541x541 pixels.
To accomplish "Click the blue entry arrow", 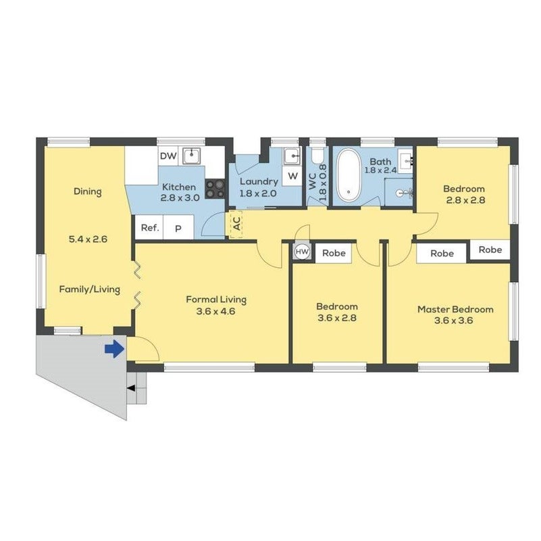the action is [x=115, y=349].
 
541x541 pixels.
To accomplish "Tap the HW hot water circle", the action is [x=302, y=252].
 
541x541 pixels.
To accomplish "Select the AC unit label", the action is [x=237, y=224].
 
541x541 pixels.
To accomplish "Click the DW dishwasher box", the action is [x=168, y=156].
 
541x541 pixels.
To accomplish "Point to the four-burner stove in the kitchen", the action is [x=215, y=189].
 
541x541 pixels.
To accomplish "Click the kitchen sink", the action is [x=192, y=156].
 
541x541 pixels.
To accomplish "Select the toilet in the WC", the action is [x=317, y=156].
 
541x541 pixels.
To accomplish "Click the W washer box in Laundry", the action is [x=292, y=176].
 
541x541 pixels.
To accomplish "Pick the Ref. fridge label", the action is [x=150, y=228].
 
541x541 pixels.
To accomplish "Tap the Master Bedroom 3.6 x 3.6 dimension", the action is [x=453, y=321].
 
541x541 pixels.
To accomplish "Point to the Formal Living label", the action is [x=216, y=300].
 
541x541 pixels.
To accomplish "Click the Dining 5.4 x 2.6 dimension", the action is [x=88, y=239].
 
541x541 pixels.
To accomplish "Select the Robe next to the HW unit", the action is [x=334, y=253].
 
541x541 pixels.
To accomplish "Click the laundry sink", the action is [x=292, y=156].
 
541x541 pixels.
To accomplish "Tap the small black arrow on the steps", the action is [x=131, y=389].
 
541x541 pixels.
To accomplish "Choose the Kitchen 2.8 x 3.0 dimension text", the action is [x=180, y=198].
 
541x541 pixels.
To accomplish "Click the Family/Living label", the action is [x=90, y=289].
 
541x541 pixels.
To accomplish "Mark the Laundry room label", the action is [x=259, y=182].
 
